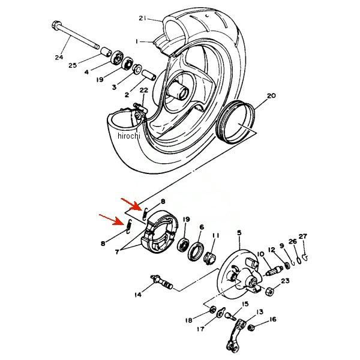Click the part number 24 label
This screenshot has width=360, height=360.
pos(59,57)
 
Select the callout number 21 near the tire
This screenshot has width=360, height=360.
pos(143,18)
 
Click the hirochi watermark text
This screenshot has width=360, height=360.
pos(129,136)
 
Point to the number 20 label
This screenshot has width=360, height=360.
pos(271,95)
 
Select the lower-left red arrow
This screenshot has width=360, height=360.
pos(112,220)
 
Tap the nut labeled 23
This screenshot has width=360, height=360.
pos(269,292)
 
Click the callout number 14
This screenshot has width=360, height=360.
pos(138,295)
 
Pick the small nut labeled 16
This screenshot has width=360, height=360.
pos(251,328)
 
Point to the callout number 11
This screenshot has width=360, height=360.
pos(215,236)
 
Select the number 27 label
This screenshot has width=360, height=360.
pos(303,236)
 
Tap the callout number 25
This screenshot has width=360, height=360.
pos(73,65)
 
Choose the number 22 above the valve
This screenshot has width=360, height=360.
pos(144,90)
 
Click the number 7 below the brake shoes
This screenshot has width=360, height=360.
pos(117,252)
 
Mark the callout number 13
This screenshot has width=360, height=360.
pos(260,312)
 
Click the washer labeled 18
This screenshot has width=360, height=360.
pos(212,310)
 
